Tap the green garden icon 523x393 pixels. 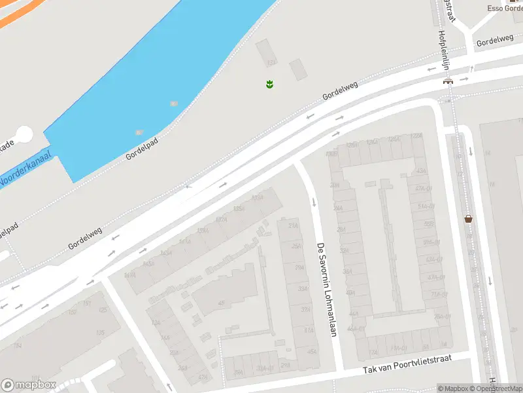tap(269, 84)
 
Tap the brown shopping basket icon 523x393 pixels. tap(469, 219)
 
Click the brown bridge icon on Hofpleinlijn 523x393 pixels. tap(448, 81)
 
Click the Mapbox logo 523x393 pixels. tap(28, 385)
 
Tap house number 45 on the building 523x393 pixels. tap(221, 303)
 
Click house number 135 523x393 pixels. tap(100, 333)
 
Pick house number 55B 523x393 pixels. tap(429, 225)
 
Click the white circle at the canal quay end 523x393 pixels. tap(24, 135)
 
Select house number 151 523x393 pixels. tap(87, 303)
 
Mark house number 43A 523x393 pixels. tap(421, 171)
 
